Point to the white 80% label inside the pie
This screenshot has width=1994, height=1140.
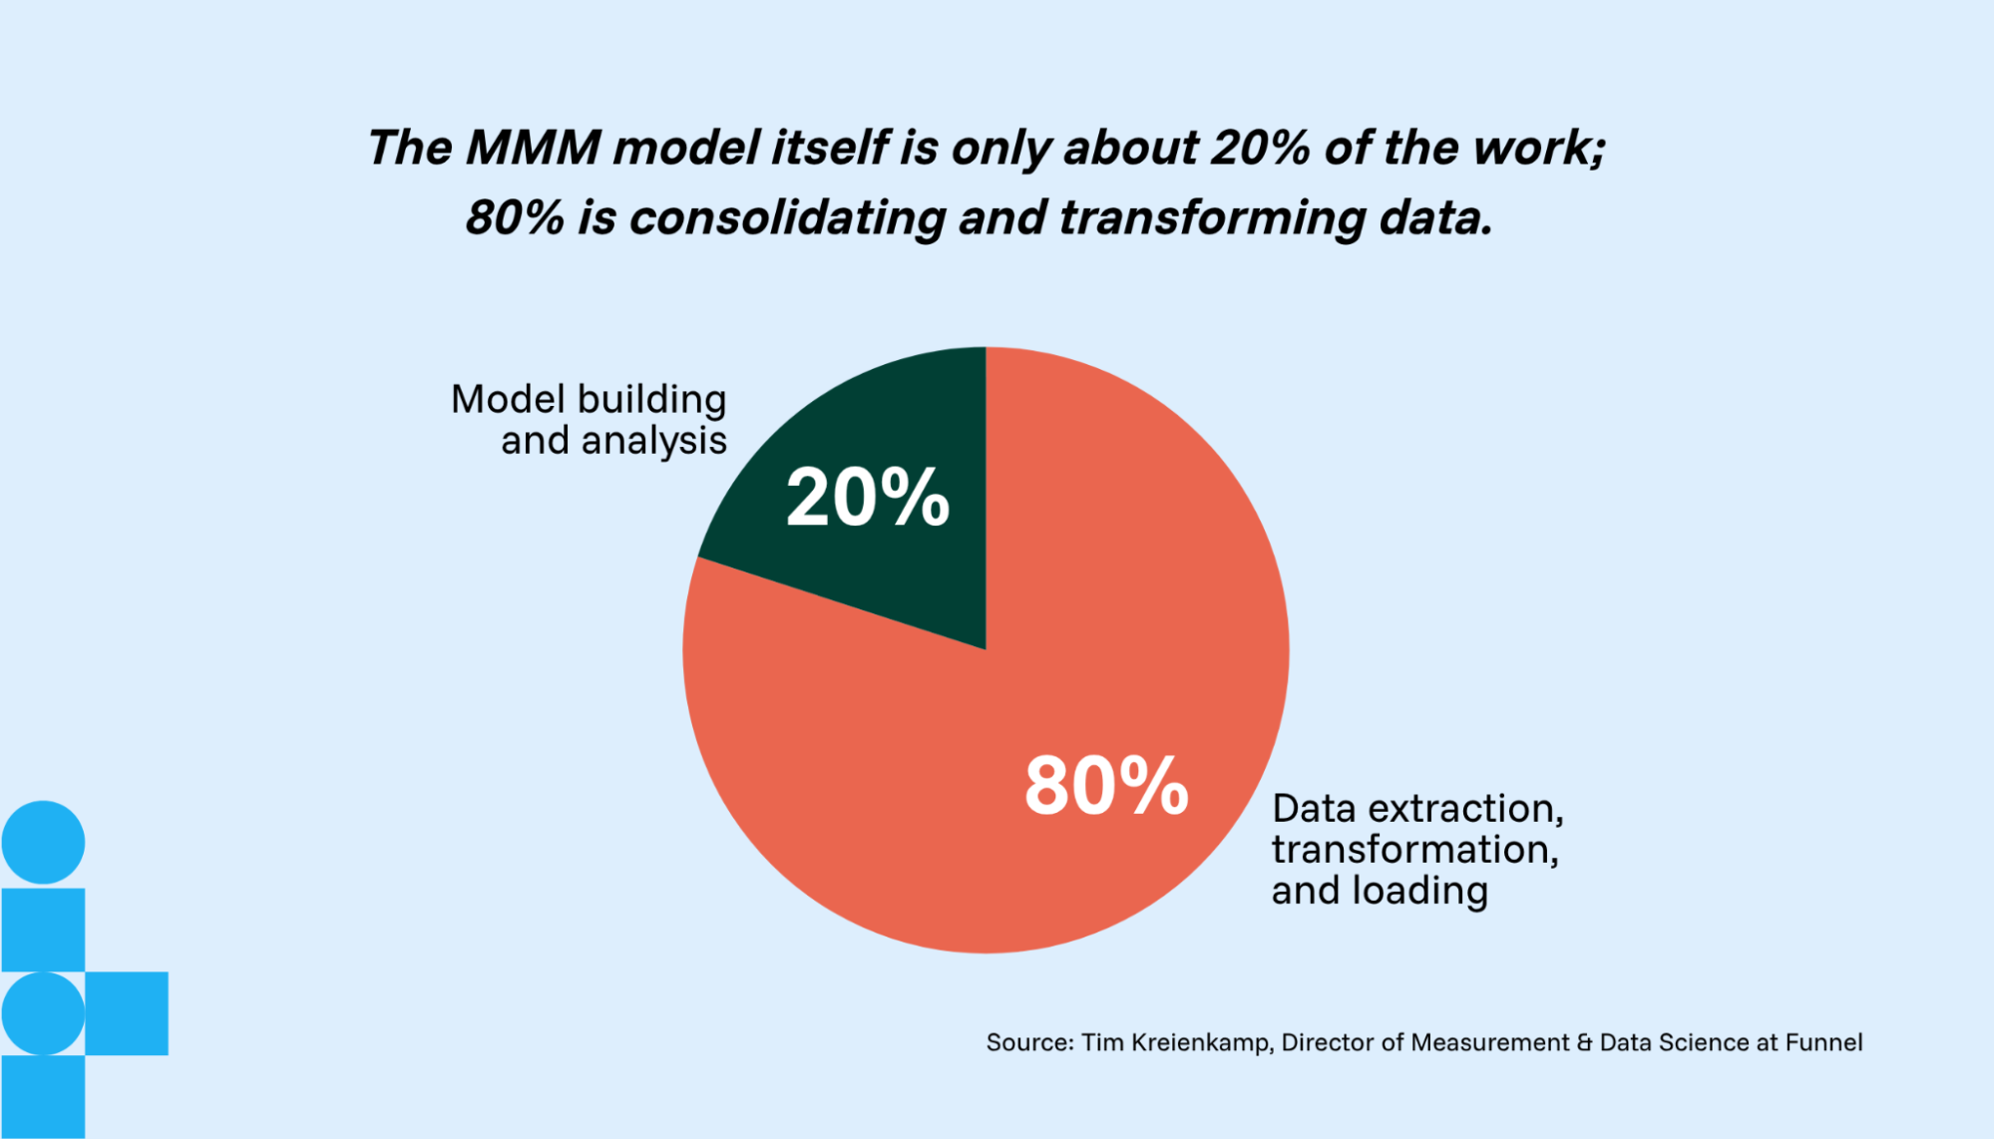pos(1106,786)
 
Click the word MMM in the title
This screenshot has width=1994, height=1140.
pos(533,148)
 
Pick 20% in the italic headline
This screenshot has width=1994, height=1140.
pos(1260,148)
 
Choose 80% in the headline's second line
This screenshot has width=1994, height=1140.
pos(515,217)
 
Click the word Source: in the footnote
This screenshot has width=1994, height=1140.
pos(1029,1043)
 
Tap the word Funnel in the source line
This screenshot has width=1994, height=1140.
pos(1823,1043)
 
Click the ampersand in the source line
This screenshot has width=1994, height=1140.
pos(1585,1043)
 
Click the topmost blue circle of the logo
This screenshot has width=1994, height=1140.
pos(43,843)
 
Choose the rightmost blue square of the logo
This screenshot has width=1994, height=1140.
pos(127,1013)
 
